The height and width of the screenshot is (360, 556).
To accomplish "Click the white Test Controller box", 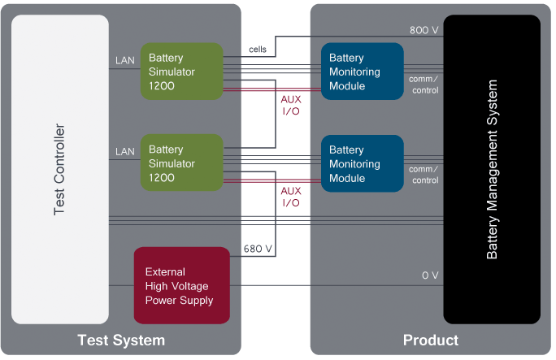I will [59, 169].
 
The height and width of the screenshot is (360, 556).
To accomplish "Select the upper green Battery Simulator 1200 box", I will [181, 72].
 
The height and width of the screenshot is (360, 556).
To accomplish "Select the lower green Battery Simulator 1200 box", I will [181, 163].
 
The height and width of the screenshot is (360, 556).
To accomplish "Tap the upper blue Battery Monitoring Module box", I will [362, 72].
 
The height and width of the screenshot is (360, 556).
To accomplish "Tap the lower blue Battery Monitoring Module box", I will [362, 163].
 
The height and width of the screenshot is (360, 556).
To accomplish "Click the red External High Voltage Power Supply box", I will [181, 285].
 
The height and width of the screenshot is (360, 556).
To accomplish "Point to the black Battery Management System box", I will [492, 169].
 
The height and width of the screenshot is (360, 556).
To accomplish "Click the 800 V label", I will [424, 30].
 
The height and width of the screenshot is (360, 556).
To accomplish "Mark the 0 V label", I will [430, 275].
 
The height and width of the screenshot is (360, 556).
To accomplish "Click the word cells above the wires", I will [257, 50].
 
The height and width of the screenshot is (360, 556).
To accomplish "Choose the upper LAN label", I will [124, 60].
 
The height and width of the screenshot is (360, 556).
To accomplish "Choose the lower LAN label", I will [124, 151].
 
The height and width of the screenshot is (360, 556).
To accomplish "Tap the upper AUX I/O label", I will [290, 104].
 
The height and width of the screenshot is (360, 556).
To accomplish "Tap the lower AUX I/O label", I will [290, 196].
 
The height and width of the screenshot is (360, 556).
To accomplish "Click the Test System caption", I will [120, 340].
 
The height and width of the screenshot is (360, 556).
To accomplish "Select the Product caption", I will [431, 340].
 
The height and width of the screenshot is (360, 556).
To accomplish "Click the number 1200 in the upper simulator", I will [162, 85].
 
